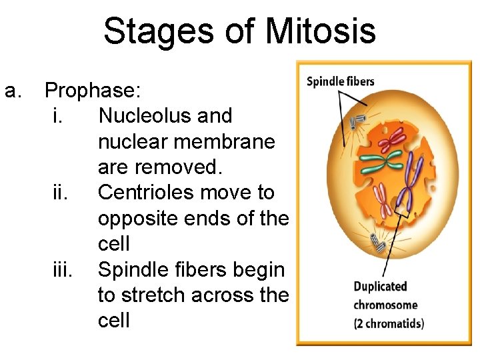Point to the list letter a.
13,90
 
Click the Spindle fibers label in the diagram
341,82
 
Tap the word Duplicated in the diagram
380,287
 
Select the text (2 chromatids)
389,324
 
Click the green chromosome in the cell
381,160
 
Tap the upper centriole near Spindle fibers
359,120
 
